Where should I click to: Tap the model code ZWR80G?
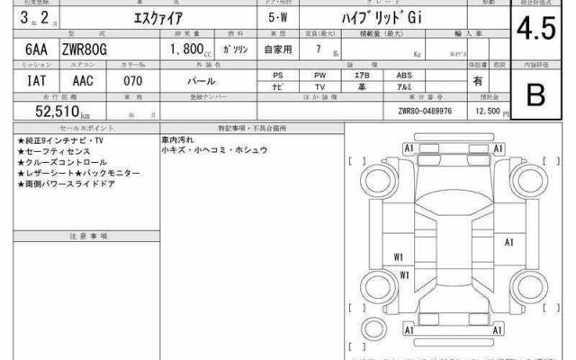[x=85, y=54]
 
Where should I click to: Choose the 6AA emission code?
[x=27, y=54]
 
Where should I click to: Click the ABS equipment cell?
[x=404, y=76]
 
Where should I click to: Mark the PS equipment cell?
[x=278, y=76]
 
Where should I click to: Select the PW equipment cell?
[x=319, y=76]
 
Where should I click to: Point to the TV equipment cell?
[x=319, y=87]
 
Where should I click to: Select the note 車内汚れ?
[x=177, y=140]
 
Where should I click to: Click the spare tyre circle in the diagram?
[x=371, y=324]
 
